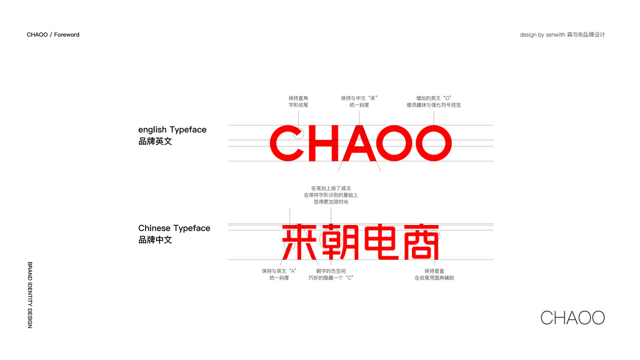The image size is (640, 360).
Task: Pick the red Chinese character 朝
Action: click(340, 242)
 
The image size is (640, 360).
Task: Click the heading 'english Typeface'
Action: click(172, 130)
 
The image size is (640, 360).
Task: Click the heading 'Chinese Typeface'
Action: click(174, 228)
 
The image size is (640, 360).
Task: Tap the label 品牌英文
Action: click(155, 142)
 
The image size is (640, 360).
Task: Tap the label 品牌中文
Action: click(155, 240)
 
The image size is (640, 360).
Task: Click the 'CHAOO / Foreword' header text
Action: click(53, 35)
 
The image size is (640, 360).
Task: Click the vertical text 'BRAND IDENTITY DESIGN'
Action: click(30, 295)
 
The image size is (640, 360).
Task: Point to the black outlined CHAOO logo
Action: click(572, 317)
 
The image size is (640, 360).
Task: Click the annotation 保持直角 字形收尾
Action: click(298, 101)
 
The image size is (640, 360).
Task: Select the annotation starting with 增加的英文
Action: click(433, 101)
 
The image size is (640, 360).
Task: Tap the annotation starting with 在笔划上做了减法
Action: click(330, 195)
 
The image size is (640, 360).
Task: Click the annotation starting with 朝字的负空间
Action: click(330, 274)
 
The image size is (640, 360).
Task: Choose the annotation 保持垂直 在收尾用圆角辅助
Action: click(434, 274)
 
